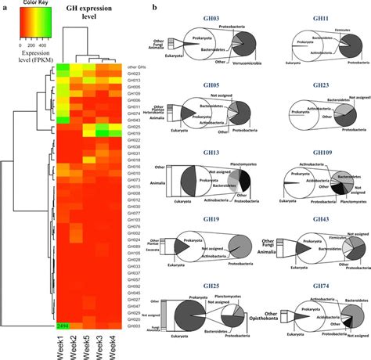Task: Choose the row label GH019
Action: pos(134,134)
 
